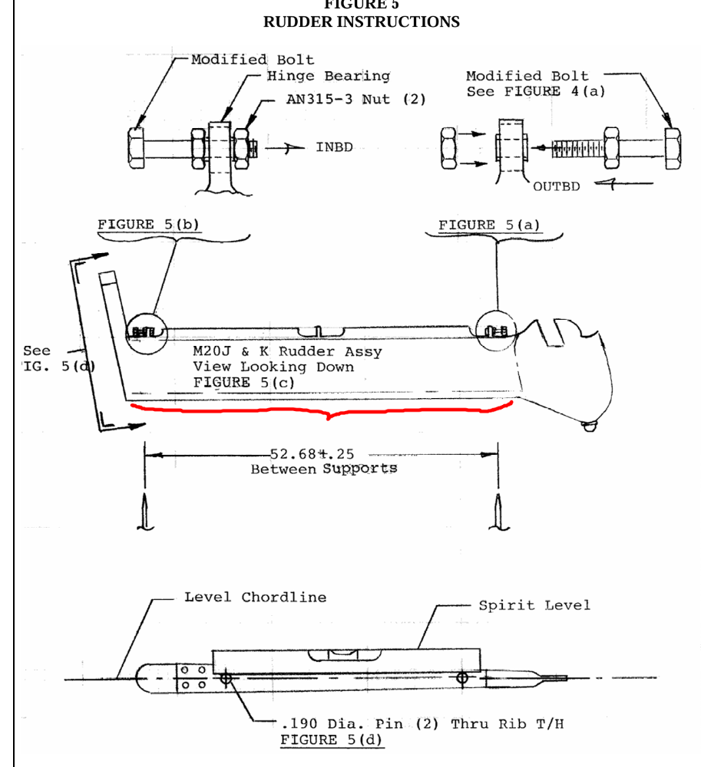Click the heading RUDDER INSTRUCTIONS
(x=361, y=22)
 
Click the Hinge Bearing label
(x=328, y=76)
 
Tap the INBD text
(x=334, y=147)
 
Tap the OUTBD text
(x=556, y=186)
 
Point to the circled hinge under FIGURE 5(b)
(x=147, y=331)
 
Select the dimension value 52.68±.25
(x=312, y=454)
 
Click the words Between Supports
(x=323, y=468)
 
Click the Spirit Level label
(x=534, y=605)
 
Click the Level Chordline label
(x=255, y=597)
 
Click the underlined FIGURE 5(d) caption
(x=332, y=739)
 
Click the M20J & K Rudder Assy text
(x=286, y=352)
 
